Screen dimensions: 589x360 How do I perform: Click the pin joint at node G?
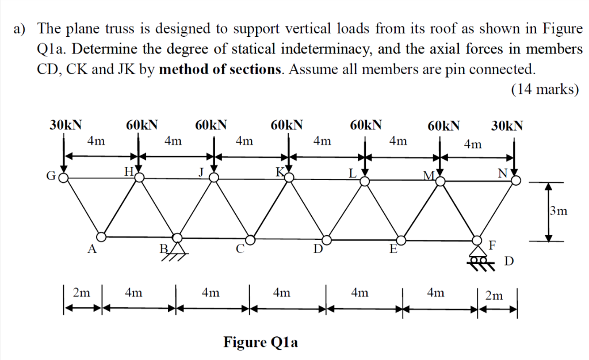(63, 177)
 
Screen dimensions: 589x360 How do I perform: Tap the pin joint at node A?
(101, 237)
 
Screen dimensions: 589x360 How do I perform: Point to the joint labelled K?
(289, 177)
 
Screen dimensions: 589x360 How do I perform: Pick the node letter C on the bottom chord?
(240, 249)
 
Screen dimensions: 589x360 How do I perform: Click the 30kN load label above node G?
(66, 125)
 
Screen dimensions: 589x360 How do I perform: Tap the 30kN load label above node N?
(507, 125)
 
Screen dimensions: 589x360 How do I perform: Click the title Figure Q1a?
(261, 342)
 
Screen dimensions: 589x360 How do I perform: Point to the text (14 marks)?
(545, 89)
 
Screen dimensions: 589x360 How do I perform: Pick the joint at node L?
(365, 182)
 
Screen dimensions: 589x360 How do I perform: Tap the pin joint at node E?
(401, 240)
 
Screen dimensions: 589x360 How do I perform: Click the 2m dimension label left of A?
(82, 293)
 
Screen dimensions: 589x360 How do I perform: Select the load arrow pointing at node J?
(214, 155)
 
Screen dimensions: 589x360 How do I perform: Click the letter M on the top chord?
(429, 175)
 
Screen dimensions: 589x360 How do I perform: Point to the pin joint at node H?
(139, 177)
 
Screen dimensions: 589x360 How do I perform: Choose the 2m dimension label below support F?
(494, 296)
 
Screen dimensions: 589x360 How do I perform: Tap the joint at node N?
(517, 181)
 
